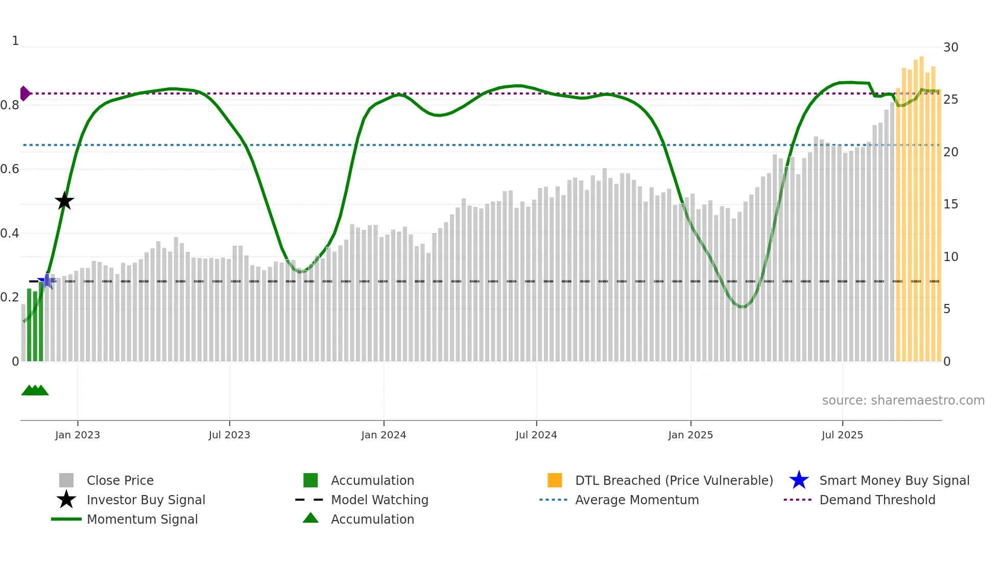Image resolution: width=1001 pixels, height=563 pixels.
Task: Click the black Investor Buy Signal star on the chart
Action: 64,201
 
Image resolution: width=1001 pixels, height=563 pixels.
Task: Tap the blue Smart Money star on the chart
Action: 46,281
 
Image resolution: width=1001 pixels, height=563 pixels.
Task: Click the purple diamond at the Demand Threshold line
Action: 25,93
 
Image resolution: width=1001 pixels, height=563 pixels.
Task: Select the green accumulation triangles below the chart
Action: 35,390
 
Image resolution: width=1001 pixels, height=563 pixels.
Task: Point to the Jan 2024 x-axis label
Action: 384,435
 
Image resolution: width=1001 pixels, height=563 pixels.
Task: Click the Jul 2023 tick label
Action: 229,435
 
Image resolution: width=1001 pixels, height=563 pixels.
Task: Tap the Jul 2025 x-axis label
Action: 842,435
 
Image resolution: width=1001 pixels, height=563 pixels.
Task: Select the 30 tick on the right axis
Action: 950,48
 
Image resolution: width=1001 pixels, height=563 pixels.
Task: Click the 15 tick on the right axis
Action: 950,204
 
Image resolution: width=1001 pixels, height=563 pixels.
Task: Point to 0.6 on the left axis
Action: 10,169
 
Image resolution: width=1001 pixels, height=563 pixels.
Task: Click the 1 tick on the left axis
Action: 15,41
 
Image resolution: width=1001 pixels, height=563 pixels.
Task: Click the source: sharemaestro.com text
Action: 903,401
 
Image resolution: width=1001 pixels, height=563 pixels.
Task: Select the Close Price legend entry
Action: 120,481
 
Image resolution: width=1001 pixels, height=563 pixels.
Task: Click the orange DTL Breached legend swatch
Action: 555,480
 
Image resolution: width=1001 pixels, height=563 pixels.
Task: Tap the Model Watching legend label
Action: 379,500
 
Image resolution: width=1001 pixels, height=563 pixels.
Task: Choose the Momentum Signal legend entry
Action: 142,520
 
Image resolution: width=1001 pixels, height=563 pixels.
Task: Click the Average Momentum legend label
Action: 637,500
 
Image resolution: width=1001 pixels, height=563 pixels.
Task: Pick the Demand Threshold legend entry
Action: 877,500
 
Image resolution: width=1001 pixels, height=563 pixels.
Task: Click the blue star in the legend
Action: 799,480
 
